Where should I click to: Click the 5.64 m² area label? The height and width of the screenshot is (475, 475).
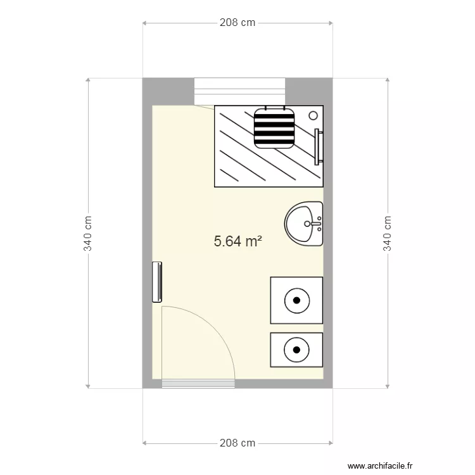tap(237, 241)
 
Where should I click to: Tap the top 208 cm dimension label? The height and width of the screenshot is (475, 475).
tap(237, 23)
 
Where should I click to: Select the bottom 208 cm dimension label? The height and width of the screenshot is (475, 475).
tap(237, 443)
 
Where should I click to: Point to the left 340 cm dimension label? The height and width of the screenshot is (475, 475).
tap(87, 233)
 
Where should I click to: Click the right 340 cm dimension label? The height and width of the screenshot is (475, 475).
tap(388, 233)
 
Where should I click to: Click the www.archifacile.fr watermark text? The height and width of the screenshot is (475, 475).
tap(380, 465)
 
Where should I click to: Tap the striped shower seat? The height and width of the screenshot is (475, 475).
tap(274, 128)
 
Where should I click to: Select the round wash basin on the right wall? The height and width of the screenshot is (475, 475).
tap(303, 224)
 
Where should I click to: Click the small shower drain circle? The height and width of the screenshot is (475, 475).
tap(313, 115)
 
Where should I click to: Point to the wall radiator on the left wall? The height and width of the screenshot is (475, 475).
tap(157, 282)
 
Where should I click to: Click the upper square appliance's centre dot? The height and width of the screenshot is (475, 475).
tap(297, 300)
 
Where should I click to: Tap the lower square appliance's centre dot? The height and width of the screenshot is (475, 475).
tap(296, 350)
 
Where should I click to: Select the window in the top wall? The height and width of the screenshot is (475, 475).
tap(239, 91)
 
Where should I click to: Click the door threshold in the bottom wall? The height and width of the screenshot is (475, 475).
tap(198, 384)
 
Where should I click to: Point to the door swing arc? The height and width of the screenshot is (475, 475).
tap(213, 327)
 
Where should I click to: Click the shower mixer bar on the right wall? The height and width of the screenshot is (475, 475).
tap(317, 147)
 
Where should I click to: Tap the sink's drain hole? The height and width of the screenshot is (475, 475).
tap(307, 224)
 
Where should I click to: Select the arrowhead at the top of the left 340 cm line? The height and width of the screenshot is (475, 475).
tap(88, 80)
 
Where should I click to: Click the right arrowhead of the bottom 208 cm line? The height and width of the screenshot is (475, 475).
tap(331, 443)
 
